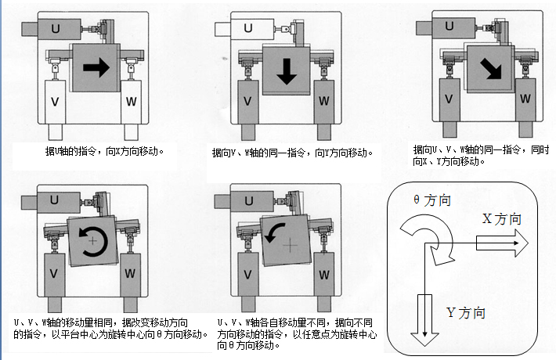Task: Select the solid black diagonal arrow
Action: pos(492,70)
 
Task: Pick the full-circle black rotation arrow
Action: pos(93,242)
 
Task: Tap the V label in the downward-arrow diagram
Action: pos(247,102)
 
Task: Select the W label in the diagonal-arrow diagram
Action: pos(525,100)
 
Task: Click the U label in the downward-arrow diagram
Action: pos(247,30)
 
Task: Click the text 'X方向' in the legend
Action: pos(502,220)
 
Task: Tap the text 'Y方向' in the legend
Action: pos(466,312)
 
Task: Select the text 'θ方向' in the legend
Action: pos(431,200)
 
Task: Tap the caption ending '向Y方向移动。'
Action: pos(292,153)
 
